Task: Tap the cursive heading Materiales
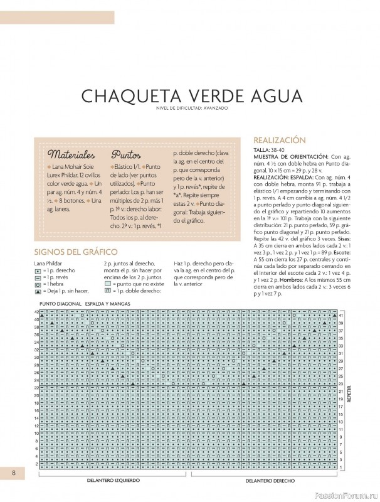coord(71,154)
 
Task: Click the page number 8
coord(13,472)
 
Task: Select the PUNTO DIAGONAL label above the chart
coord(60,303)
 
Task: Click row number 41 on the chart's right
coord(342,315)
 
